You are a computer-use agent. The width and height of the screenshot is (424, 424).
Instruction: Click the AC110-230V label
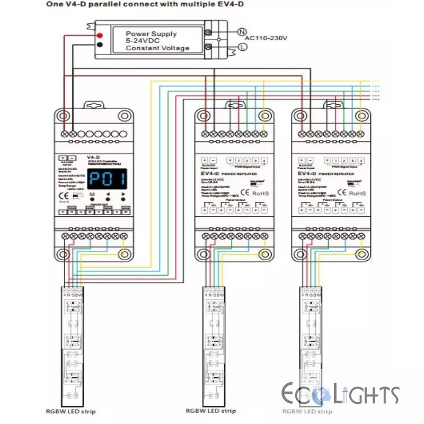coord(266,38)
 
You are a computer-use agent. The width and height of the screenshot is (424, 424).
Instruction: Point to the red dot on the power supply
coord(99,35)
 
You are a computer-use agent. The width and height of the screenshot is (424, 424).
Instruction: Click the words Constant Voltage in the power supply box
coord(157,48)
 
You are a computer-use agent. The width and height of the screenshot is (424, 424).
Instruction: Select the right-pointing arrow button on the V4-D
coord(123,195)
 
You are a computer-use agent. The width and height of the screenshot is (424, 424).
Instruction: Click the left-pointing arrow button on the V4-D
coord(108,195)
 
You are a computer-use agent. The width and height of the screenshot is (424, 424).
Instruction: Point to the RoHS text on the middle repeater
coord(260,193)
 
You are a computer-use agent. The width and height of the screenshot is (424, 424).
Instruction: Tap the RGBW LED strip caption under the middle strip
coord(211,411)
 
